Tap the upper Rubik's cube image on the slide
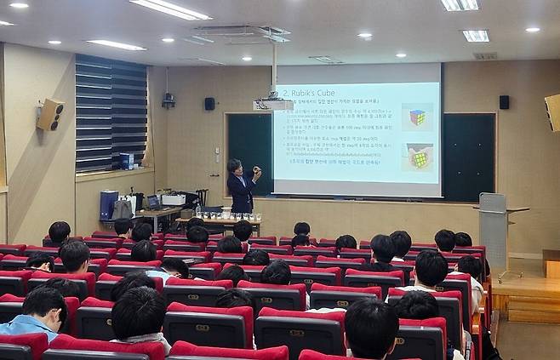417,117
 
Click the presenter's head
235,166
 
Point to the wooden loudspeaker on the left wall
50,114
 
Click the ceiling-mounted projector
274,104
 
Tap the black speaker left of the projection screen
209,104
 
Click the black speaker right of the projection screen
504,102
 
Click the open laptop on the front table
154,203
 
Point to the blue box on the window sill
125,161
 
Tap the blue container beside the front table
109,205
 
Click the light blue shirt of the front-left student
26,325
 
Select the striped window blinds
111,112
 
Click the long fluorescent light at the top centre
169,9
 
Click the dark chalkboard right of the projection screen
468,157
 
